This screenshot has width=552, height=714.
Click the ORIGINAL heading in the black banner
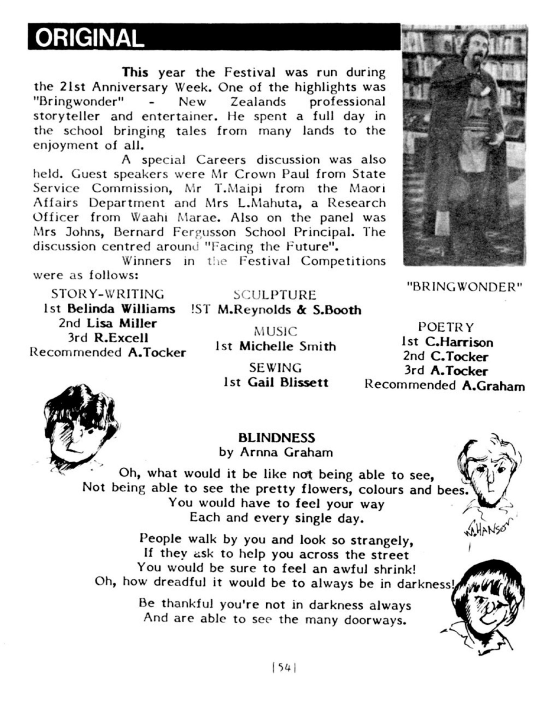point(90,38)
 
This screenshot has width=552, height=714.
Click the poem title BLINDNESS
point(277,438)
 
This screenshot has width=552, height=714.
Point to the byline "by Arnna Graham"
point(276,452)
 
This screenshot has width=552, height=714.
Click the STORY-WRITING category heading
point(107,294)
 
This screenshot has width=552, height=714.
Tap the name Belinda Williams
point(121,309)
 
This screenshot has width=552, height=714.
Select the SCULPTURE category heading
point(275,295)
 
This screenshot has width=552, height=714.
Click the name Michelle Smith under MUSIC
point(287,346)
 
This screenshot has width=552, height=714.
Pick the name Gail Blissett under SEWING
point(288,382)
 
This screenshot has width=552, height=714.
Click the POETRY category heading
point(446,327)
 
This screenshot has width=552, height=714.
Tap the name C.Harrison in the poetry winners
point(459,342)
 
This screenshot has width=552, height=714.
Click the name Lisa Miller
point(122,323)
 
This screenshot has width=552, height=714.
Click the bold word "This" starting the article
point(135,72)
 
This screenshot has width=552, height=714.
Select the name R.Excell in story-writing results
point(121,338)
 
